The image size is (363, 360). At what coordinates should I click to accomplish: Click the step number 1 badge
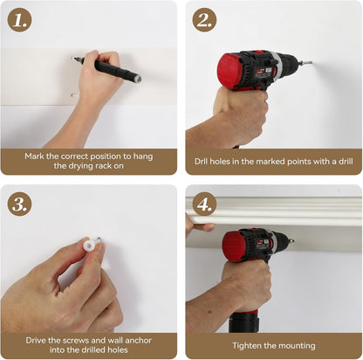click(19, 20)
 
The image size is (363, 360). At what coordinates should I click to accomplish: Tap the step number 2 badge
click(204, 20)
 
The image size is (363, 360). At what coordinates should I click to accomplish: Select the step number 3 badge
click(19, 204)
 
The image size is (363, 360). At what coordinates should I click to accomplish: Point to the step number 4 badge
click(204, 204)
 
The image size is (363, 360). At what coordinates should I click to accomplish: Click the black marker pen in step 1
click(107, 68)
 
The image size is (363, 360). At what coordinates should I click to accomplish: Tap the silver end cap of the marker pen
click(138, 79)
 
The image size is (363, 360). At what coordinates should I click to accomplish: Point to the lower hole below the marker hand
click(73, 94)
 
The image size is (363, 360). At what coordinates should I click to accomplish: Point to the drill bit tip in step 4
click(291, 240)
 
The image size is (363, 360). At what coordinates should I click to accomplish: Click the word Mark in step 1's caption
click(35, 156)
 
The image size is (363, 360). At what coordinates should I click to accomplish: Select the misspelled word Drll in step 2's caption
click(202, 162)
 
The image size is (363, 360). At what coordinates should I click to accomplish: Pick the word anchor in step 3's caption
click(138, 340)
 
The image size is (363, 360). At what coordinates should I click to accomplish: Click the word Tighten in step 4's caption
click(247, 346)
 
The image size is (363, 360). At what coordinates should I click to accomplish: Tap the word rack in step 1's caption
click(104, 166)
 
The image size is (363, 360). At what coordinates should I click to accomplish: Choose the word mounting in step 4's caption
click(298, 346)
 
